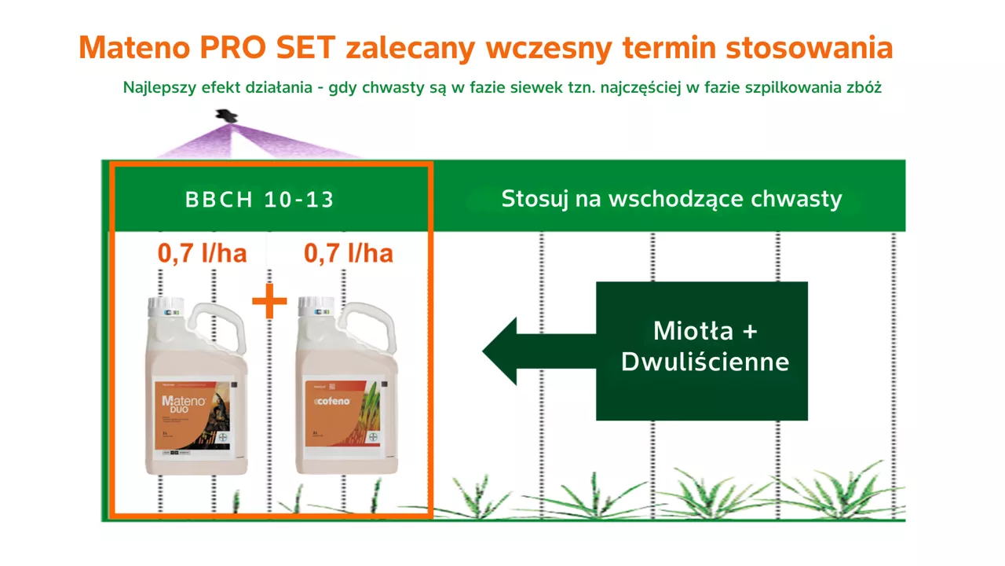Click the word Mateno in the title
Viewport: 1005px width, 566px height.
(133, 48)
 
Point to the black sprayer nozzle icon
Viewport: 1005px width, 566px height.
(226, 116)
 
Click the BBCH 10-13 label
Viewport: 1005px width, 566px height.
(260, 200)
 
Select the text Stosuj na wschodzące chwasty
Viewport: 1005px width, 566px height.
(671, 199)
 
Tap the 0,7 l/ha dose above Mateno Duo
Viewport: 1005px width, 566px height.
(203, 253)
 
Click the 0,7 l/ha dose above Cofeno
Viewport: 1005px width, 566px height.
(348, 253)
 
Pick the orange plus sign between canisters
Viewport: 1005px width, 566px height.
(269, 303)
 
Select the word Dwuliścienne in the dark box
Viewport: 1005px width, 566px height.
(704, 362)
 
